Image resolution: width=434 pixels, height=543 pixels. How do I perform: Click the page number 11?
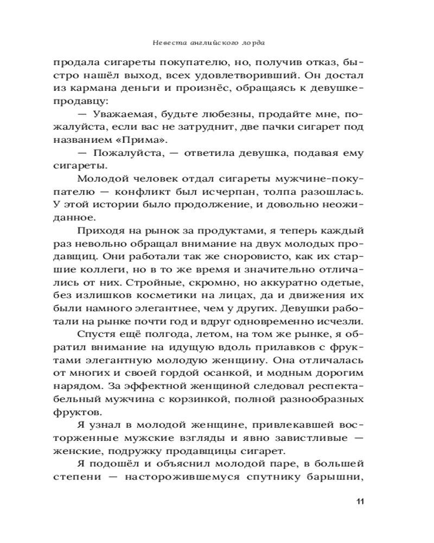click(x=359, y=500)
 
